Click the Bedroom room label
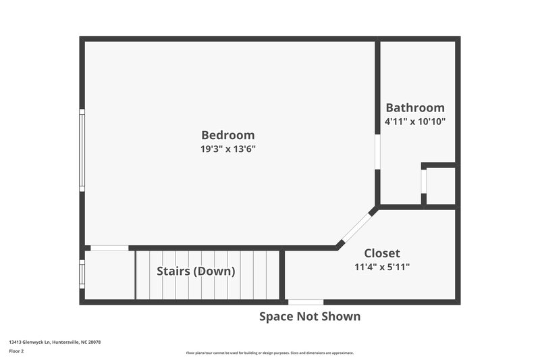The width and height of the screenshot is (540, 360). point(227,135)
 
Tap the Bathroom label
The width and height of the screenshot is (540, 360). point(414,108)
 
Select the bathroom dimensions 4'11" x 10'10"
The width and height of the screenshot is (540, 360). point(414,122)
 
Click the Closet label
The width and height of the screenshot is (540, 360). point(382,253)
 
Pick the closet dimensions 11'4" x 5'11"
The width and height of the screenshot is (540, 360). point(382,267)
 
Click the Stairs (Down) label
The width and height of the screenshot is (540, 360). point(196,272)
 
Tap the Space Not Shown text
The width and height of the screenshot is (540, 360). point(310,316)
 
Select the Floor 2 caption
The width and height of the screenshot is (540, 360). point(16,352)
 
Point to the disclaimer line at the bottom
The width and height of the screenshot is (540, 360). point(269,353)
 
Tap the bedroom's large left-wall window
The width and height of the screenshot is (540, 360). point(82,150)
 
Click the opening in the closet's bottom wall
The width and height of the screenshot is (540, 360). point(305,301)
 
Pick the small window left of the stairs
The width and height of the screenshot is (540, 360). point(82,274)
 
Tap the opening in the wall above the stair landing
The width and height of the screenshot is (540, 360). point(109,248)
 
